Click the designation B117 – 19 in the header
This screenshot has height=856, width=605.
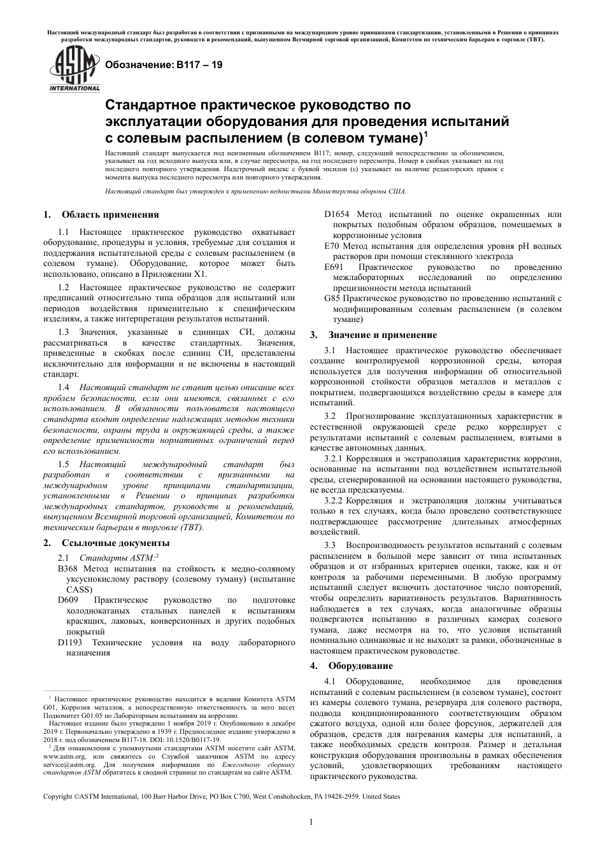164,64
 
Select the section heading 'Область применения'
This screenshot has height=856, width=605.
110,214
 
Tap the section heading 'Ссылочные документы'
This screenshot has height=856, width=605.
116,543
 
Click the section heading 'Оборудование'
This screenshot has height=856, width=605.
360,666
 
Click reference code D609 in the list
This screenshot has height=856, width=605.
68,600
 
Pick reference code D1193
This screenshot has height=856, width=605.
70,643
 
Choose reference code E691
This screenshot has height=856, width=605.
334,267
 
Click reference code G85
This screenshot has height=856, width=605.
332,298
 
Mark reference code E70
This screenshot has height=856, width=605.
331,246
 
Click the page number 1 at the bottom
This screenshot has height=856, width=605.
310,822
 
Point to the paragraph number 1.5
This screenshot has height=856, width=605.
63,465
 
